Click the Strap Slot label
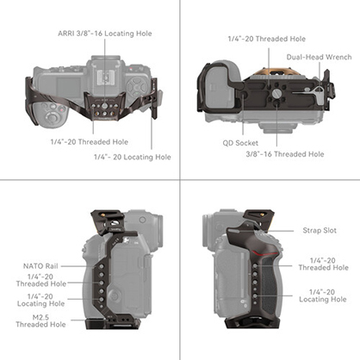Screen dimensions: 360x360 (320, 230)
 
